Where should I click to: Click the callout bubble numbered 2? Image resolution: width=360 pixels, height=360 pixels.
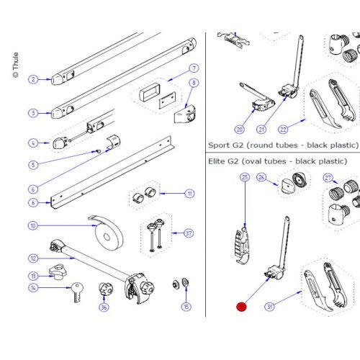click(x=32, y=79)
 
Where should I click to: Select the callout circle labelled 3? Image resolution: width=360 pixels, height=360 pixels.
click(x=32, y=113)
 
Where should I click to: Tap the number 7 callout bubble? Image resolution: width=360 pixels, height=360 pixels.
click(x=194, y=69)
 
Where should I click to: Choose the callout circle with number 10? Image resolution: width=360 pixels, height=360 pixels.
click(x=32, y=225)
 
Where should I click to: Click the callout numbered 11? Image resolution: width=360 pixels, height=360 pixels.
click(x=189, y=194)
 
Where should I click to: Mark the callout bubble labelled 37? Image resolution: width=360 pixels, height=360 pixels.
click(x=189, y=233)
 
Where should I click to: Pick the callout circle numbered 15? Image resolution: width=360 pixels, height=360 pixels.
click(x=186, y=307)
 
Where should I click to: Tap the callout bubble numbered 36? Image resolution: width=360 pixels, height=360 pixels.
click(x=104, y=308)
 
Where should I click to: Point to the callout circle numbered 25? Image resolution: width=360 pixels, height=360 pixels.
click(x=245, y=176)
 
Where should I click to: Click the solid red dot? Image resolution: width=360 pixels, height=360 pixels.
click(x=241, y=307)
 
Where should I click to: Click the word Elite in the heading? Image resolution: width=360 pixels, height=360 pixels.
click(x=220, y=161)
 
